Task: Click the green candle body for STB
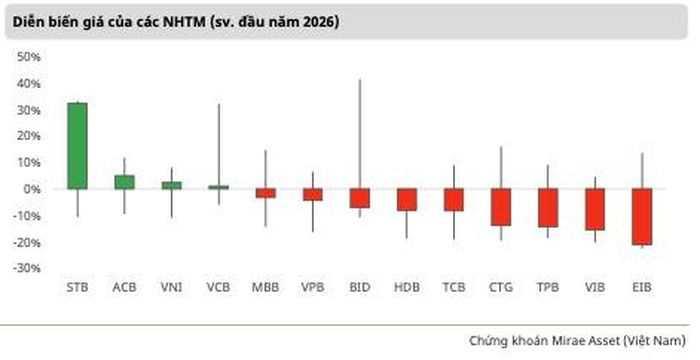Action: [x=77, y=146]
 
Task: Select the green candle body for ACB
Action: [x=124, y=182]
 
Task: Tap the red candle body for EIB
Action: [x=642, y=217]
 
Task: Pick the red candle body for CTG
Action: [x=501, y=207]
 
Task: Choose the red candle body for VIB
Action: [x=595, y=209]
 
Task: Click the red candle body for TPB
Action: [x=548, y=208]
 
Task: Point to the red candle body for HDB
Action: [x=407, y=200]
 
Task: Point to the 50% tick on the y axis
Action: [x=29, y=57]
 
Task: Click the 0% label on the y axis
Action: [x=32, y=189]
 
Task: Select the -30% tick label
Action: [x=29, y=268]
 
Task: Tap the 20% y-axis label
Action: [x=29, y=136]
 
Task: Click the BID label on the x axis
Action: [x=360, y=287]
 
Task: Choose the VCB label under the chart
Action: [x=218, y=287]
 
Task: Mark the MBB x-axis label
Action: [x=266, y=287]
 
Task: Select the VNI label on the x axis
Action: [x=171, y=287]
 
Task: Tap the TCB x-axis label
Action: [x=454, y=287]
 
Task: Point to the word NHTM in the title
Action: [x=183, y=21]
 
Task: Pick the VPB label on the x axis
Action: [x=312, y=287]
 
